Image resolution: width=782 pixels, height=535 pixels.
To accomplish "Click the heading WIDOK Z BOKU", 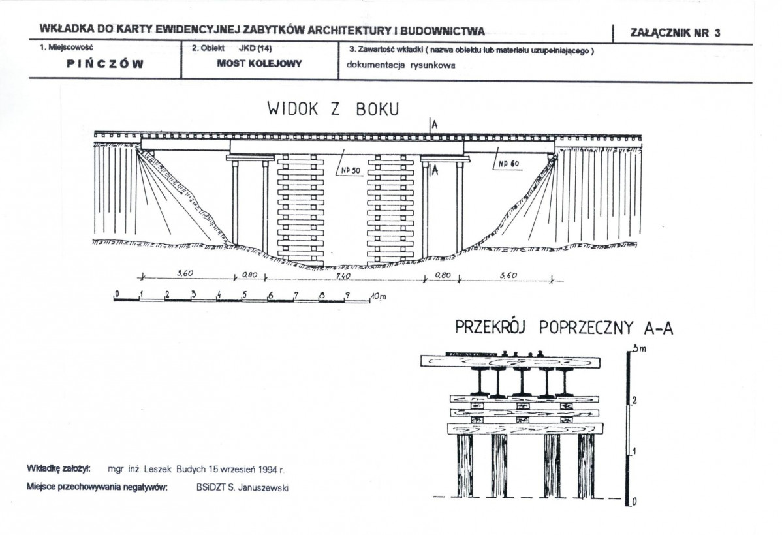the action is click(333, 109).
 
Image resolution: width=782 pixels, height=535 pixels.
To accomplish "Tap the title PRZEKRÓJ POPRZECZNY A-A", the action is click(564, 328).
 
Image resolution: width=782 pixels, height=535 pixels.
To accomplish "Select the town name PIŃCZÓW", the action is click(105, 64).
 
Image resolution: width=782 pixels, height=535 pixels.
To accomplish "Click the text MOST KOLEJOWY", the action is click(259, 64).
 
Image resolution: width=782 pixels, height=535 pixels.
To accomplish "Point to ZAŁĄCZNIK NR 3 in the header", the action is click(675, 33).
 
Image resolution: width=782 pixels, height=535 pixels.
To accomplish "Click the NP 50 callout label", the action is click(351, 170).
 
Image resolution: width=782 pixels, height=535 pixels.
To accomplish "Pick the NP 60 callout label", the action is click(508, 164).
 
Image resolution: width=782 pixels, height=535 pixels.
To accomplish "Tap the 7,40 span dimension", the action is click(343, 276).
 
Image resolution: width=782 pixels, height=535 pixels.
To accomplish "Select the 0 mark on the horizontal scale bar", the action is click(117, 293).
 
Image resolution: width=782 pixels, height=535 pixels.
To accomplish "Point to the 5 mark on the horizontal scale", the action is click(244, 294).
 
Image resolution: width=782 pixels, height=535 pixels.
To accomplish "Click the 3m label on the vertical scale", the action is click(640, 348).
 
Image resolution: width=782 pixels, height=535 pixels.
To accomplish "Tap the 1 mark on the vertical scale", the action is click(635, 451).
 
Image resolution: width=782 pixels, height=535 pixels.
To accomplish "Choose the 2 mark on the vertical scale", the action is click(635, 400).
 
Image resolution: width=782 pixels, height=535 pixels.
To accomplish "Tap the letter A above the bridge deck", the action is click(435, 125).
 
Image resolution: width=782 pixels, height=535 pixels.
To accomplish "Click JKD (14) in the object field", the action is click(255, 49).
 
